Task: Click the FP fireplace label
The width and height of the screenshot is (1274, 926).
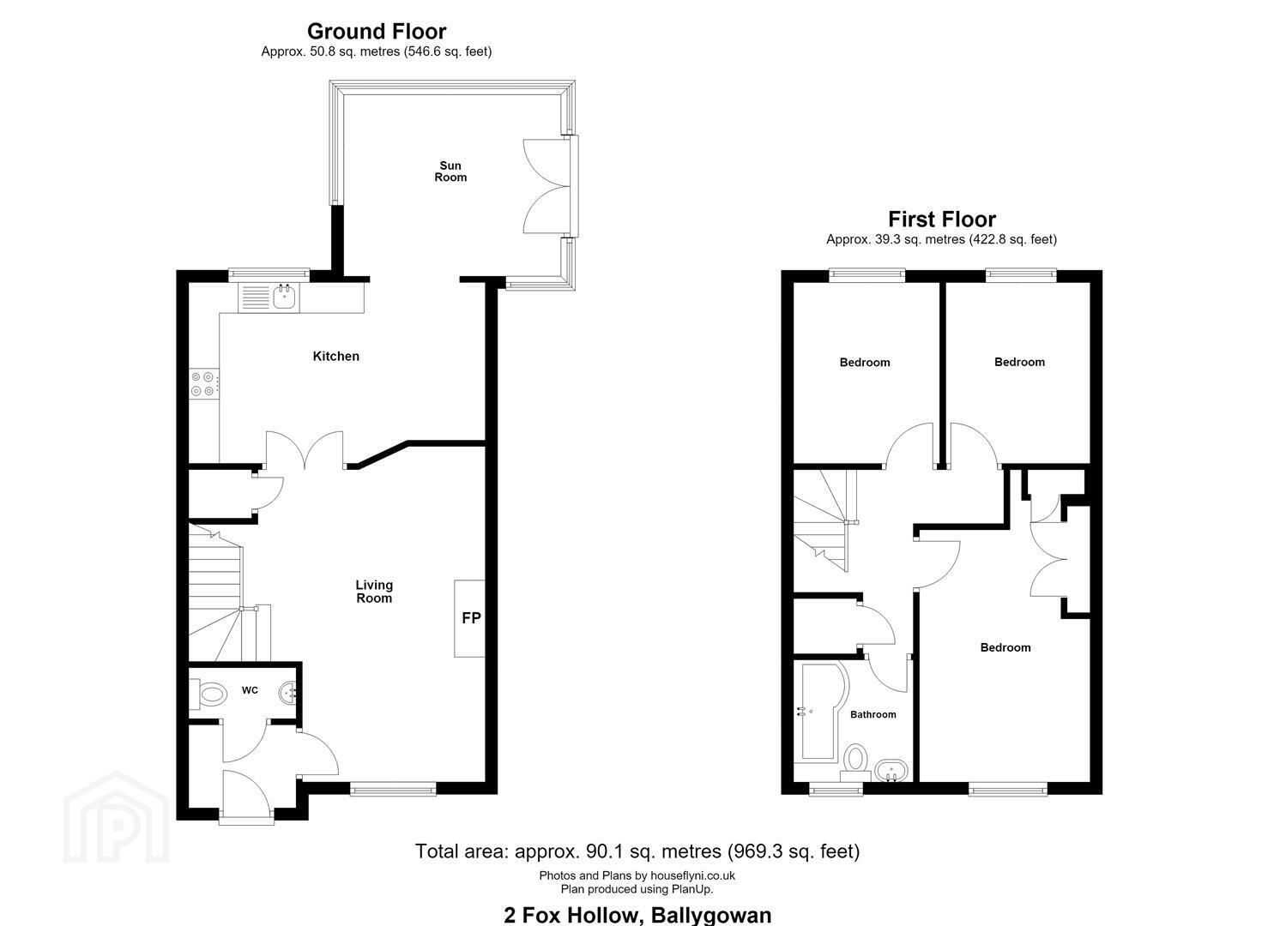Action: coord(471,618)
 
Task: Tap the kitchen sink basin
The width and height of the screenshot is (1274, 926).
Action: coord(285,297)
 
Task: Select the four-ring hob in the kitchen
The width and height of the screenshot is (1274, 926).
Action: coord(203,384)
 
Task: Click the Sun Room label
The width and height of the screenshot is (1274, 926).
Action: coord(450,171)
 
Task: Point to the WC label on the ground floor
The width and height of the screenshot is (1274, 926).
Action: coord(250,690)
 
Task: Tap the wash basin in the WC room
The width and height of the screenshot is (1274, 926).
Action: coord(289,693)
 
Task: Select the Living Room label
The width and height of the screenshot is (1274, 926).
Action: coord(374,592)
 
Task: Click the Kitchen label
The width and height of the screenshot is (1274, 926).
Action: coord(336,357)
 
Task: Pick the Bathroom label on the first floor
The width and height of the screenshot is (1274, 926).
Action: coord(873,714)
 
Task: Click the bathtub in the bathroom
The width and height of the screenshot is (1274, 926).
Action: coord(823,711)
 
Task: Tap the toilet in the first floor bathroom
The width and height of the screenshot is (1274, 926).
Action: coord(855,763)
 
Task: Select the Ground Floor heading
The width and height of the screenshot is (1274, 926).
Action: coord(377,31)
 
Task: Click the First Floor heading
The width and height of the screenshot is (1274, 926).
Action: coord(942,219)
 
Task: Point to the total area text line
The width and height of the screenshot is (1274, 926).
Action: coord(637,851)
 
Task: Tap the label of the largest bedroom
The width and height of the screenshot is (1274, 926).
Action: coord(1005,647)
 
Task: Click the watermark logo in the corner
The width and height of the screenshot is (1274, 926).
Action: coord(116,817)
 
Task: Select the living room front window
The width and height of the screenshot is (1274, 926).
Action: coord(393,788)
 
